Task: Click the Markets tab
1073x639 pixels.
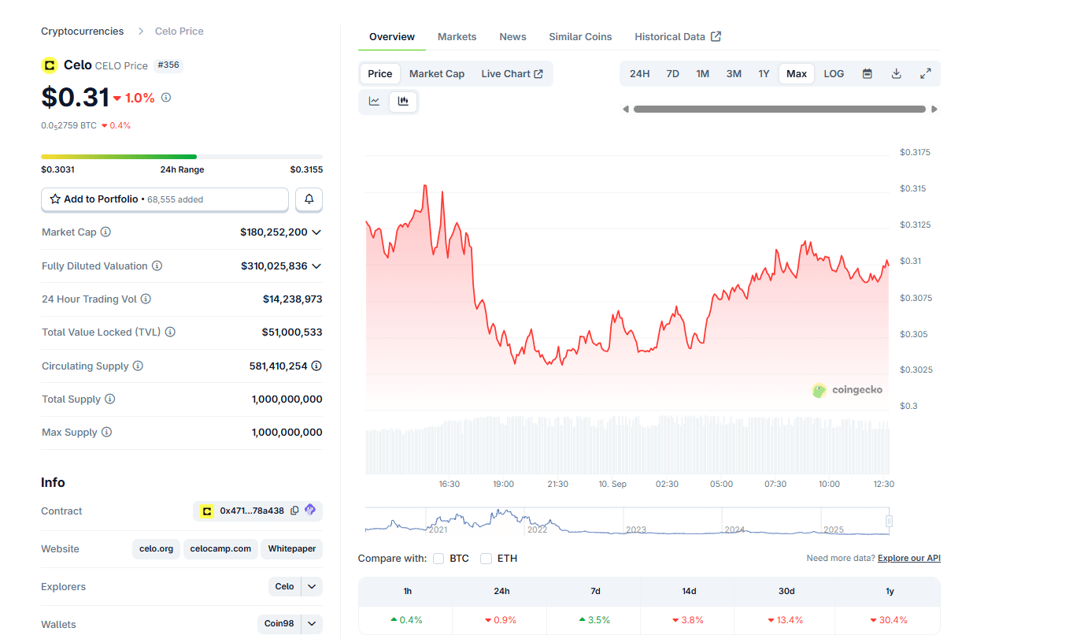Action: coord(457,37)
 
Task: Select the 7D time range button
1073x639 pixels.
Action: coord(672,74)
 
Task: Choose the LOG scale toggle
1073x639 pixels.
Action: coord(834,74)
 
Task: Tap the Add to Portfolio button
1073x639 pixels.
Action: coord(165,199)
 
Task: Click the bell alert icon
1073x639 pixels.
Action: coord(309,199)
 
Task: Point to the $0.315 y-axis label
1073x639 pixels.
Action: coord(913,188)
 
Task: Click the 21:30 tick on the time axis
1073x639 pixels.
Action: coord(557,484)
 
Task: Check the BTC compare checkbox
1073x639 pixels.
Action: coord(438,559)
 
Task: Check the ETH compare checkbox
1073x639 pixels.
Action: coord(487,559)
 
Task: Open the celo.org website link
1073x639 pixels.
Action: coord(156,549)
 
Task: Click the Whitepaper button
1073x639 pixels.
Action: coord(292,549)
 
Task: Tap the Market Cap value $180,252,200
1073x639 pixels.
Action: coord(274,232)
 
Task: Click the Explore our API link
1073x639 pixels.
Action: coord(908,559)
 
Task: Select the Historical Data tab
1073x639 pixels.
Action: coord(677,37)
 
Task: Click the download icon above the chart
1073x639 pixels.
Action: coord(896,74)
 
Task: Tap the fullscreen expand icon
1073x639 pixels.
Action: coord(926,74)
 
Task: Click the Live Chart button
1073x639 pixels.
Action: coord(512,74)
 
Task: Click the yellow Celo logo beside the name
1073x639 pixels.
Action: coord(50,65)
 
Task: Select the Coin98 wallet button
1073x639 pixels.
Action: coord(279,624)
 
